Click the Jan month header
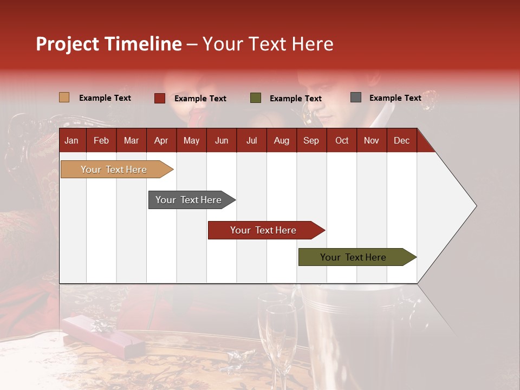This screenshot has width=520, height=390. (x=71, y=140)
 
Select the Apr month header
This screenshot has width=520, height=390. (x=161, y=140)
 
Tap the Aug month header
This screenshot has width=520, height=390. (x=281, y=140)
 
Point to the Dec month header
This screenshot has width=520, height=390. (x=401, y=140)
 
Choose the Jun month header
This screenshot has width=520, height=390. (x=222, y=140)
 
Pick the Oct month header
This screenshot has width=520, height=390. (x=342, y=140)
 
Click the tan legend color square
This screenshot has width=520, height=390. (x=64, y=97)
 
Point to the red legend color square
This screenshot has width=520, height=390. (x=159, y=98)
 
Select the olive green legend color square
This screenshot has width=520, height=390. (x=255, y=98)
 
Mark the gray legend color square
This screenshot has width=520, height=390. (x=355, y=97)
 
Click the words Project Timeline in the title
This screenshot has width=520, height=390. (x=109, y=44)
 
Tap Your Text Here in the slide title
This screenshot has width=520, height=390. (x=268, y=44)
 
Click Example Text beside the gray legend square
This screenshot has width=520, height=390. (x=395, y=97)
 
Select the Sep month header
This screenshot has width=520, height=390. (x=311, y=140)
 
